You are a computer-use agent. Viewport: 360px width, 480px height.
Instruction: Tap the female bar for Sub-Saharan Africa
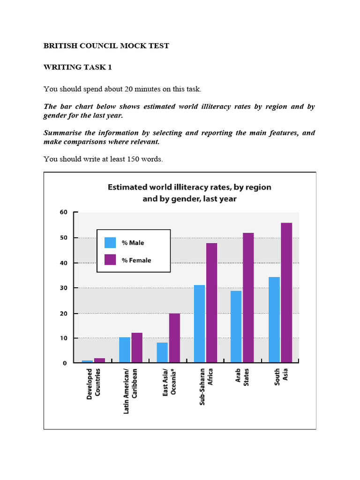pyautogui.click(x=211, y=303)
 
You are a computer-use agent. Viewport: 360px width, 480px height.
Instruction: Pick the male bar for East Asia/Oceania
pyautogui.click(x=162, y=352)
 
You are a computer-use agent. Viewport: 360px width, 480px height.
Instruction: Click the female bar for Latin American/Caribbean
pyautogui.click(x=137, y=348)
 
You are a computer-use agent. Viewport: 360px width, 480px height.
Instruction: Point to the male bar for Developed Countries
pyautogui.click(x=87, y=361)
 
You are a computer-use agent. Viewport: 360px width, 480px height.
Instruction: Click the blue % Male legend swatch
pyautogui.click(x=110, y=242)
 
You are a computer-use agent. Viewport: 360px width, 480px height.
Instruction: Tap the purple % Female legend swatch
pyautogui.click(x=110, y=260)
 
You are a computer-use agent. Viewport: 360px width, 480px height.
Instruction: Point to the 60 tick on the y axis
pyautogui.click(x=63, y=212)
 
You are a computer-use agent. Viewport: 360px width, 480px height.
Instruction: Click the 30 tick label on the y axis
pyautogui.click(x=63, y=288)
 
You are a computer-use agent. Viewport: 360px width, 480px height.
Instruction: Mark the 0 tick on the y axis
pyautogui.click(x=65, y=363)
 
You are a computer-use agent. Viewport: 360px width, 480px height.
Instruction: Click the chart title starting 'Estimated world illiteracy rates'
pyautogui.click(x=189, y=193)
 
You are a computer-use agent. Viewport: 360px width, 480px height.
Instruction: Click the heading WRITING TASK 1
pyautogui.click(x=78, y=67)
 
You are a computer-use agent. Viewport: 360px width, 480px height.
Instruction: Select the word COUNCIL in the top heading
pyautogui.click(x=92, y=46)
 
